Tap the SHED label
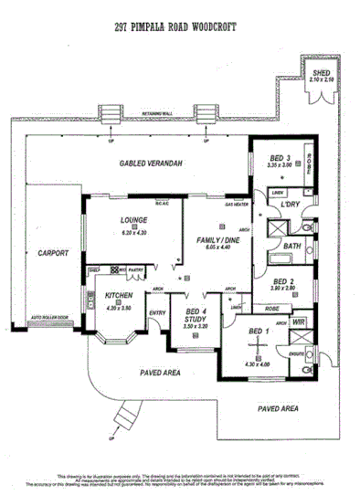tap(322, 72)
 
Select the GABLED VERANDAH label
tap(145, 163)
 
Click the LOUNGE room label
tap(133, 220)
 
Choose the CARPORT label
tap(53, 253)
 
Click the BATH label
tap(291, 246)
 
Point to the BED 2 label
tap(282, 281)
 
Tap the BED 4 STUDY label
tap(189, 316)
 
